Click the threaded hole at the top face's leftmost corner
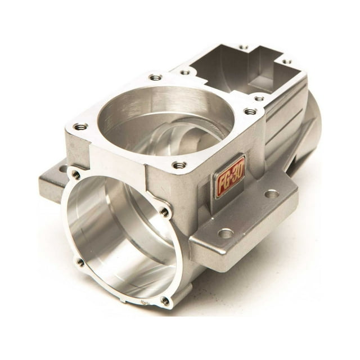point(80,127)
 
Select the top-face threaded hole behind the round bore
point(156,77)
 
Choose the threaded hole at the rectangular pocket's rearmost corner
point(242,47)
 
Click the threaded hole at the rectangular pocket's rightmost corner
point(286,62)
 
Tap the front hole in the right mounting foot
point(226,232)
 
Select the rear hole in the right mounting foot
point(272,193)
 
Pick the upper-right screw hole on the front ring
point(164,212)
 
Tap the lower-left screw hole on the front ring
point(80,262)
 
